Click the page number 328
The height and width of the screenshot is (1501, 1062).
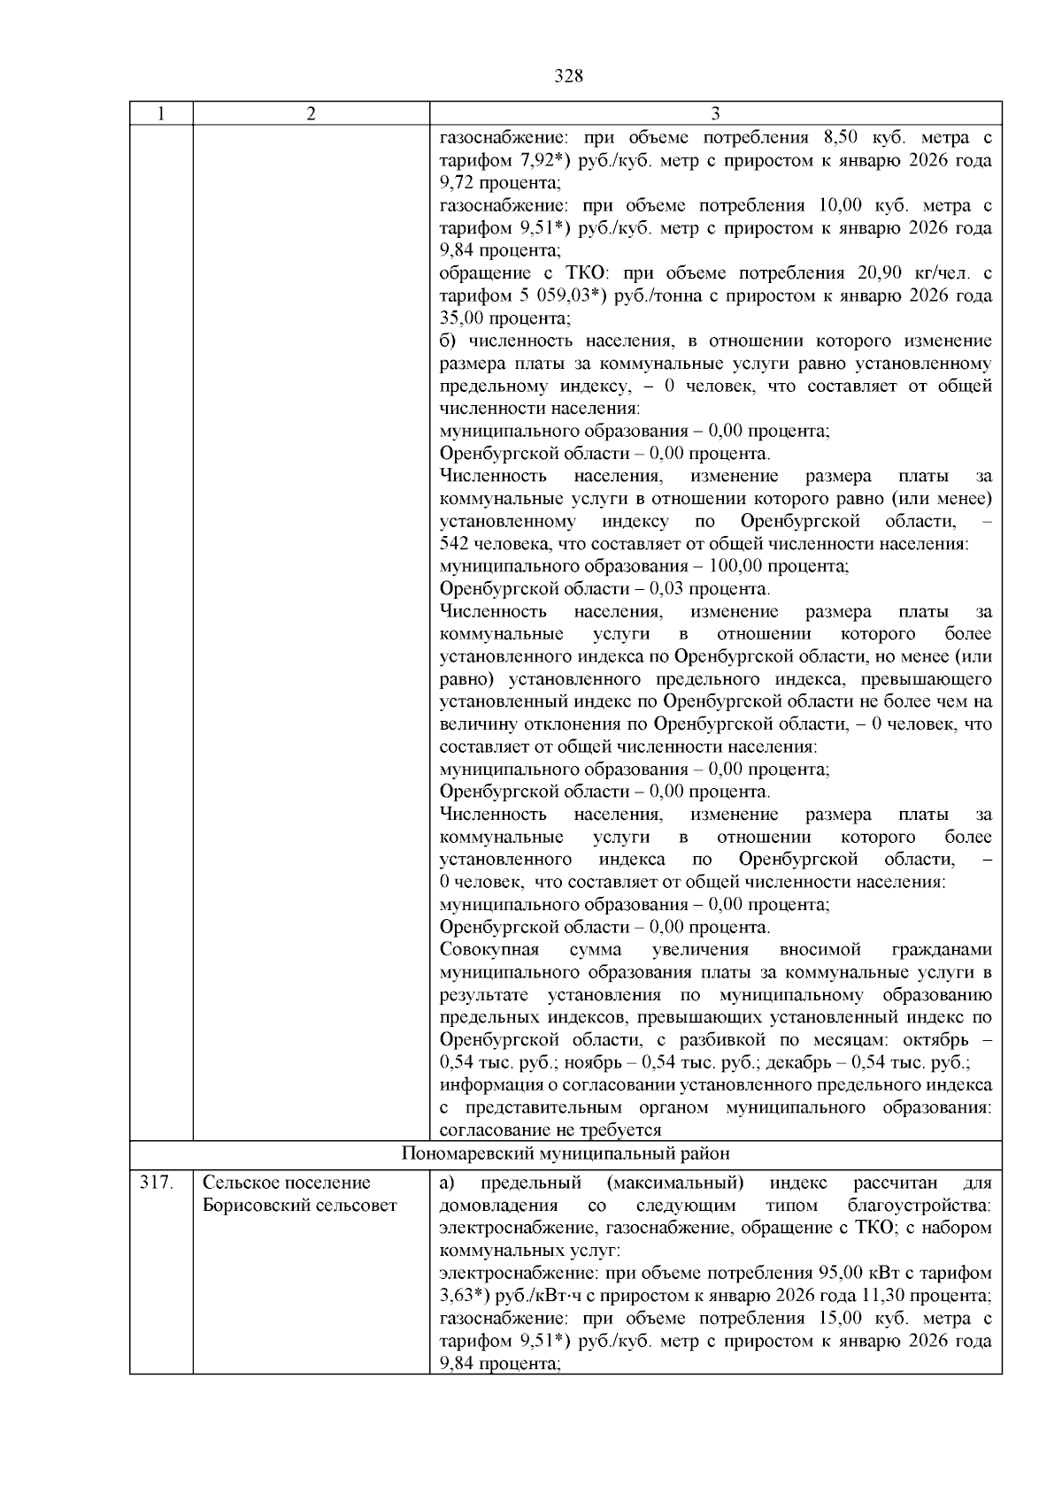tap(568, 76)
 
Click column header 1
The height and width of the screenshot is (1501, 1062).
tap(160, 114)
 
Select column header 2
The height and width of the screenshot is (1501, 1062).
tap(311, 114)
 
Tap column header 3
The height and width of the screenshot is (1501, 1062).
tap(715, 114)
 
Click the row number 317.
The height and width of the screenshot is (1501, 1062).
tap(155, 1183)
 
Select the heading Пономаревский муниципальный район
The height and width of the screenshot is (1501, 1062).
tap(566, 1154)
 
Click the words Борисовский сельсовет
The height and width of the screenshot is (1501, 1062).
tap(300, 1206)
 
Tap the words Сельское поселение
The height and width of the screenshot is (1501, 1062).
tap(287, 1183)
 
